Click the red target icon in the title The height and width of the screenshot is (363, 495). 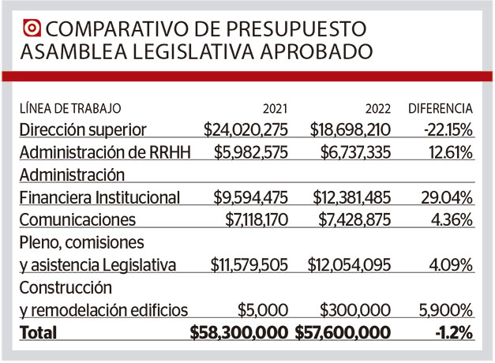(32, 28)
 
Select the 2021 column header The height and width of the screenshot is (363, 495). (276, 108)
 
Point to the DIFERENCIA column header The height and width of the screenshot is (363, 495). (441, 108)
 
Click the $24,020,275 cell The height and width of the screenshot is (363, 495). (246, 129)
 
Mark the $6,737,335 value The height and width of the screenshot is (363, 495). (348, 152)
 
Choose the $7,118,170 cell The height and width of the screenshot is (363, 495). (251, 219)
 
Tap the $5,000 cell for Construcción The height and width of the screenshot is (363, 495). (263, 309)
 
